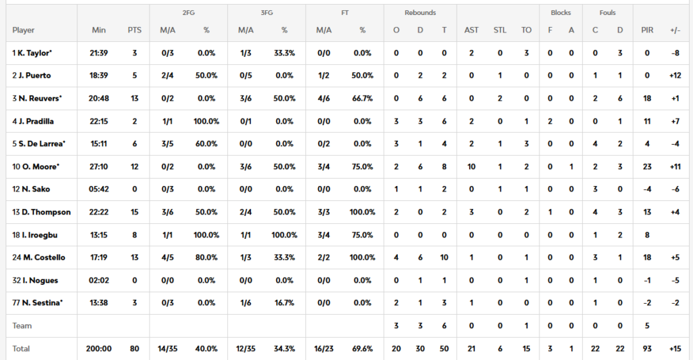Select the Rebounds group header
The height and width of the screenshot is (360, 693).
pyautogui.click(x=420, y=13)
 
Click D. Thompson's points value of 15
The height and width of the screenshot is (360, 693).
pyautogui.click(x=134, y=212)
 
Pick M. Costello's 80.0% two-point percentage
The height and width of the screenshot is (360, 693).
pyautogui.click(x=206, y=258)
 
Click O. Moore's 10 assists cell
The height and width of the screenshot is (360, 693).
pyautogui.click(x=471, y=166)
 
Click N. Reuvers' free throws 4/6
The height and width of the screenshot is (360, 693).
pyautogui.click(x=323, y=98)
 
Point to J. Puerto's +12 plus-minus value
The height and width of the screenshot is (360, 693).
pyautogui.click(x=675, y=76)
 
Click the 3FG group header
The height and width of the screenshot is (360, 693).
pyautogui.click(x=266, y=13)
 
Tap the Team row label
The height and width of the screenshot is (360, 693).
pyautogui.click(x=22, y=326)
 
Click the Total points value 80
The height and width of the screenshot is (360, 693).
pyautogui.click(x=134, y=349)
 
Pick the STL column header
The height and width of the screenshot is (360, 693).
pyautogui.click(x=499, y=30)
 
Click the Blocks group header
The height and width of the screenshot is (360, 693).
pyautogui.click(x=560, y=13)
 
